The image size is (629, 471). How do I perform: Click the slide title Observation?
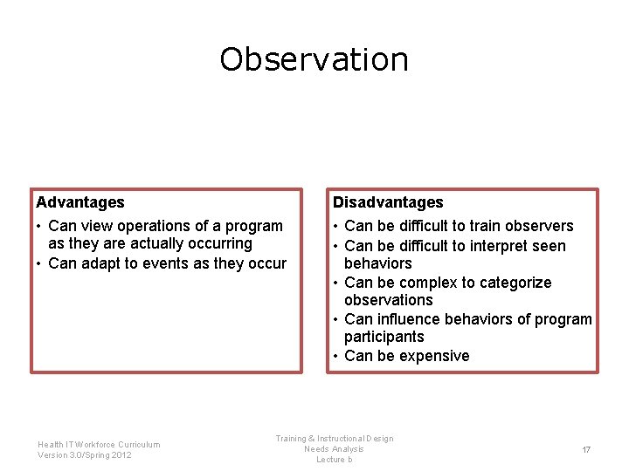tap(314, 59)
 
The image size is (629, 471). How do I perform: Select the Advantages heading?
tap(80, 202)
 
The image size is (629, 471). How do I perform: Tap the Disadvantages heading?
tap(388, 202)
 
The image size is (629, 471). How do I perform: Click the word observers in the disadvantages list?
tap(538, 226)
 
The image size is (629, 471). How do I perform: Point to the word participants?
tap(384, 337)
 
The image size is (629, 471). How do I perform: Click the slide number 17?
tap(586, 449)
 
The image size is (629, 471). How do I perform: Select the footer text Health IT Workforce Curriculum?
tap(99, 444)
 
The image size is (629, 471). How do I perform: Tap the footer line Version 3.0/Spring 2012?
tap(85, 454)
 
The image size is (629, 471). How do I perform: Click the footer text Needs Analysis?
tap(334, 449)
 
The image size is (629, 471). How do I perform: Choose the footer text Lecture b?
tap(334, 460)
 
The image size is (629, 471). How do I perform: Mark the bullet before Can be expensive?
tap(335, 356)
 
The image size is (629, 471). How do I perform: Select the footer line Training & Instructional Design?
tap(335, 439)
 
